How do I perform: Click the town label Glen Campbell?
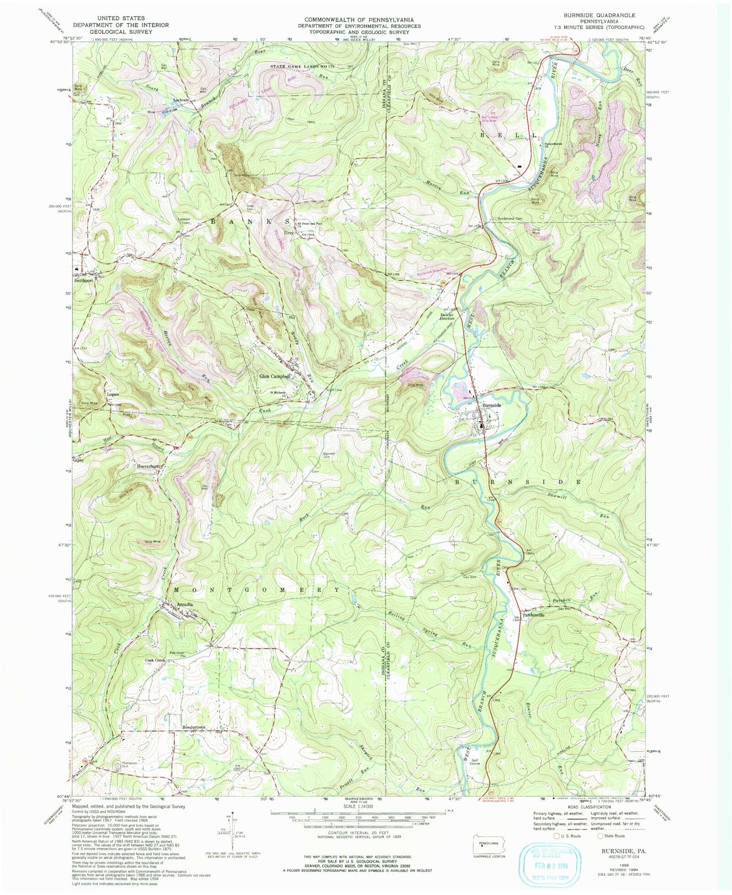click(275, 377)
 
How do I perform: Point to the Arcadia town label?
click(185, 605)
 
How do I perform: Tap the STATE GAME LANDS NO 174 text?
click(303, 67)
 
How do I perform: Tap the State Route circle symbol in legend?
click(601, 836)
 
